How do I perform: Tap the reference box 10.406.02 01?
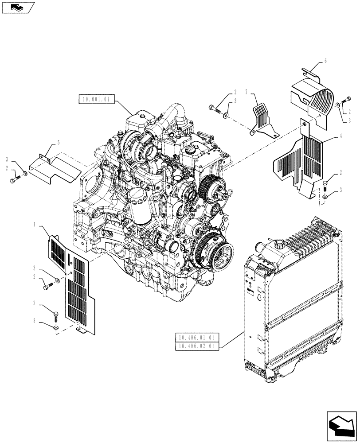click(196, 346)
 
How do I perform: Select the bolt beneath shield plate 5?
click(16, 180)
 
